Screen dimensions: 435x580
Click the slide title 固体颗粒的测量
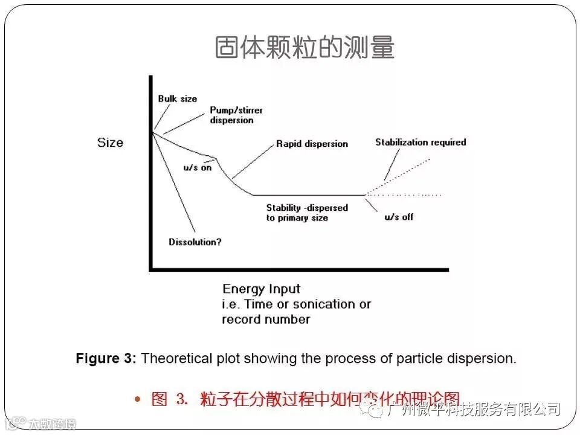click(x=304, y=48)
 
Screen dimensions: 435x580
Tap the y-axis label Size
click(x=110, y=143)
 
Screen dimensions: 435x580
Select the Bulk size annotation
click(x=178, y=98)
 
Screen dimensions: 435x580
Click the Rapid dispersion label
click(x=312, y=144)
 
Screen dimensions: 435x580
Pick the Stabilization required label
click(x=420, y=143)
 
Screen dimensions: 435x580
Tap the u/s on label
click(x=197, y=167)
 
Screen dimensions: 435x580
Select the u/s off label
click(x=399, y=217)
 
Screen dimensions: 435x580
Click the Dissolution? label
click(x=195, y=242)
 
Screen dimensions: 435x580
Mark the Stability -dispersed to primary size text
click(x=307, y=213)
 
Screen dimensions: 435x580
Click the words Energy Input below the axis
click(x=261, y=289)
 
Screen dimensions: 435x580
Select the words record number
click(x=266, y=319)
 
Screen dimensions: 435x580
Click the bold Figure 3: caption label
click(x=106, y=358)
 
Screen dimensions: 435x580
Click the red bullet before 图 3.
click(x=138, y=399)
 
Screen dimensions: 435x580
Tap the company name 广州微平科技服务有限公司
click(x=475, y=410)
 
